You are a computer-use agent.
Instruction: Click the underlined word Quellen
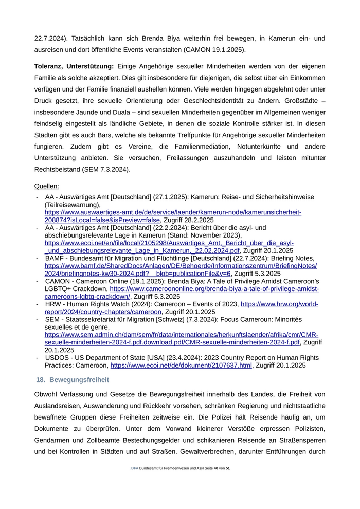click(x=46, y=186)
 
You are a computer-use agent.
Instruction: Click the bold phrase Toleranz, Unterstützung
click(x=74, y=66)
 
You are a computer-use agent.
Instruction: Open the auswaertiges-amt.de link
click(x=173, y=212)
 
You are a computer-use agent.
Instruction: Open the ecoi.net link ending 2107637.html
click(x=181, y=365)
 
